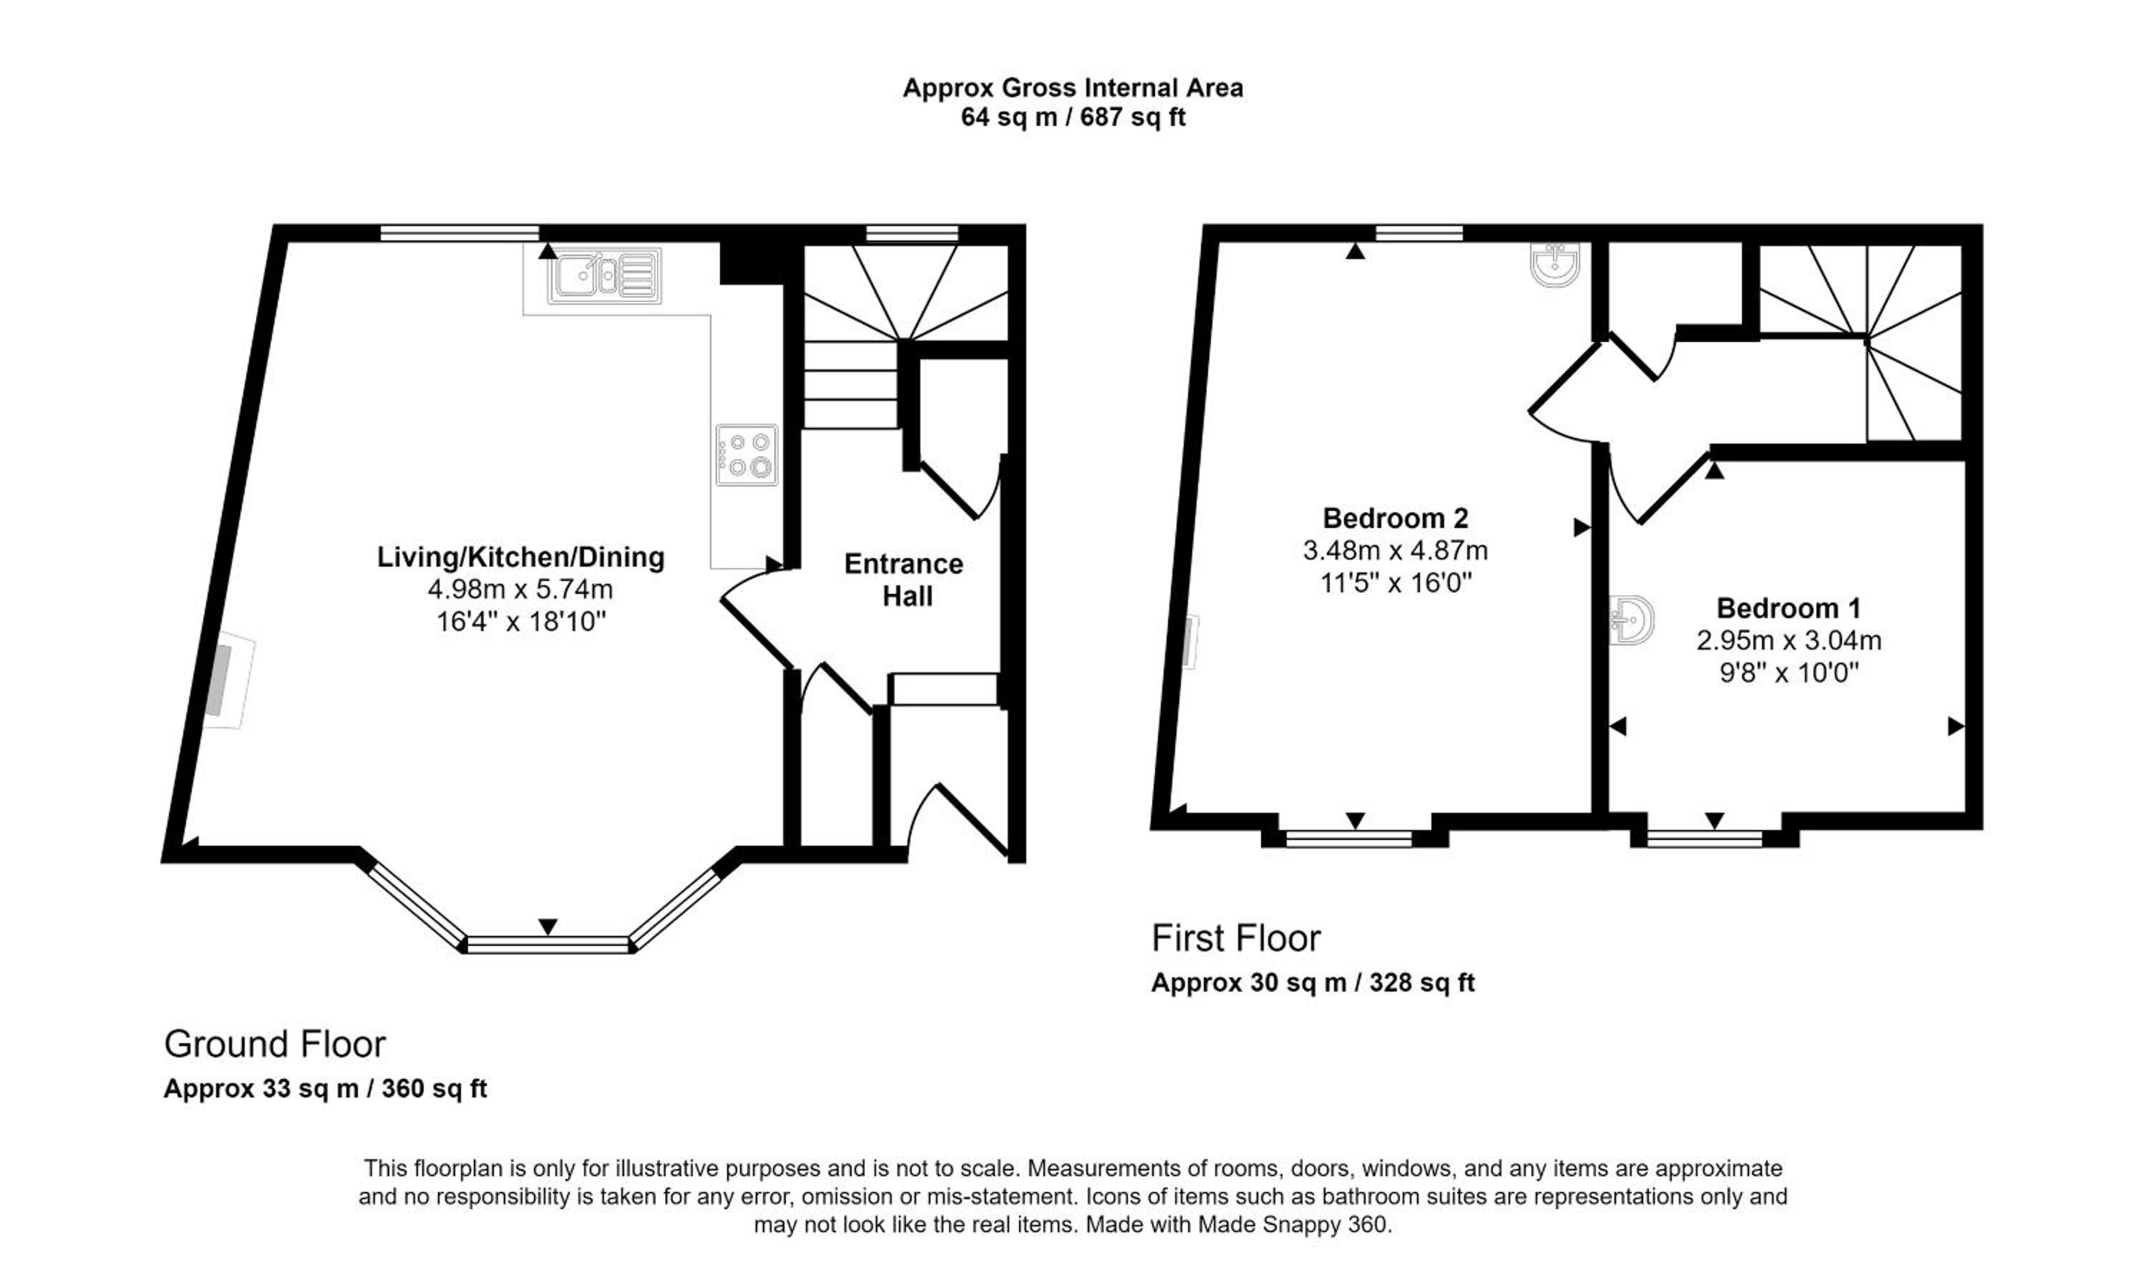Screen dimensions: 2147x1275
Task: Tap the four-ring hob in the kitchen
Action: [746, 454]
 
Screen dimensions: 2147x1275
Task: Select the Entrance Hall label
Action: [904, 580]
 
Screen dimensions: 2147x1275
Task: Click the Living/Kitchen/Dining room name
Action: [520, 557]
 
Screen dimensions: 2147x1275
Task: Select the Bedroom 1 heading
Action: [1788, 608]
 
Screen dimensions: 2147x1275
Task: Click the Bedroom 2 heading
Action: [1396, 518]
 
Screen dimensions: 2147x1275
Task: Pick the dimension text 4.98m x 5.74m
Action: [520, 590]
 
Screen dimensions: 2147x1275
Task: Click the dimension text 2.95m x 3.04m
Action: [1788, 640]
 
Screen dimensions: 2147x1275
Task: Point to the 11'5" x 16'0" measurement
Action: [1396, 583]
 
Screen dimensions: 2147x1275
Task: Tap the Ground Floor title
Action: [275, 1044]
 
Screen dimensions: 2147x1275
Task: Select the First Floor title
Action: [1235, 938]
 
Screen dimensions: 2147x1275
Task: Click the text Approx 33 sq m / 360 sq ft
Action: [326, 1088]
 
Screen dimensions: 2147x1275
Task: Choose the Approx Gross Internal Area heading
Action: [1072, 87]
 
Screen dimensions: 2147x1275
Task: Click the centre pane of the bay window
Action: [548, 945]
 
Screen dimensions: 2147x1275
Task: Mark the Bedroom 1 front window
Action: [1705, 839]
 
